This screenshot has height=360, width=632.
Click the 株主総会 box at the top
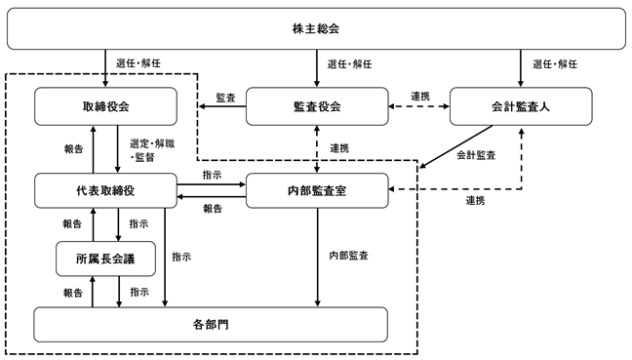click(316, 28)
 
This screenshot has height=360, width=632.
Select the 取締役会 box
click(105, 106)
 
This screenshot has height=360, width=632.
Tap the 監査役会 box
click(317, 106)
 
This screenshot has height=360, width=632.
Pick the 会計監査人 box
click(521, 106)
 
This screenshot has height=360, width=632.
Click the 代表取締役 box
click(105, 190)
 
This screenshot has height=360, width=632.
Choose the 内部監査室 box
click(317, 190)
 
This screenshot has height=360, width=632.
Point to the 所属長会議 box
click(105, 259)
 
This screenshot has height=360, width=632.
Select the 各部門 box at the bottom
click(211, 325)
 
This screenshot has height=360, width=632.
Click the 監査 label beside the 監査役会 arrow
click(225, 98)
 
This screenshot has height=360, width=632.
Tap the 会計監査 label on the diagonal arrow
click(476, 155)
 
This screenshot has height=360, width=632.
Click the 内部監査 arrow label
click(348, 256)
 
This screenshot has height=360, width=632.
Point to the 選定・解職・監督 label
click(152, 150)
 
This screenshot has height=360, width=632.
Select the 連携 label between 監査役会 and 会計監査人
click(420, 97)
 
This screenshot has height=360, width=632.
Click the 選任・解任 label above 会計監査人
click(555, 64)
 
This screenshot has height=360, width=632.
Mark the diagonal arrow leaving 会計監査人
click(455, 146)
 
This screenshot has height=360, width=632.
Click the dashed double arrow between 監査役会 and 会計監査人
click(419, 106)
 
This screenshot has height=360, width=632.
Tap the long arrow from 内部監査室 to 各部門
click(318, 258)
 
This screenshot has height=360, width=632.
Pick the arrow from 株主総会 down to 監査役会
click(317, 68)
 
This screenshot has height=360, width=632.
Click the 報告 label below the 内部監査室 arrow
click(213, 209)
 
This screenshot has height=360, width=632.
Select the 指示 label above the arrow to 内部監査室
click(212, 175)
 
